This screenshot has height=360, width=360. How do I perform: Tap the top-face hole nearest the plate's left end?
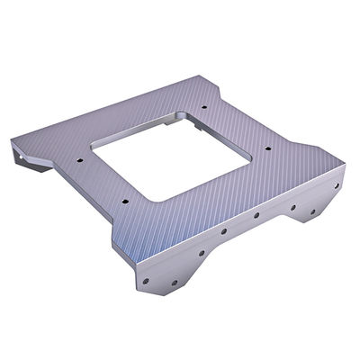click(79, 163)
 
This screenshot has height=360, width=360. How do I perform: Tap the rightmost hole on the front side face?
click(337, 186)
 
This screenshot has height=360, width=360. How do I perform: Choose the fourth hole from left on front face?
click(256, 216)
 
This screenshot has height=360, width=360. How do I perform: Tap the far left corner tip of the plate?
click(12, 141)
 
